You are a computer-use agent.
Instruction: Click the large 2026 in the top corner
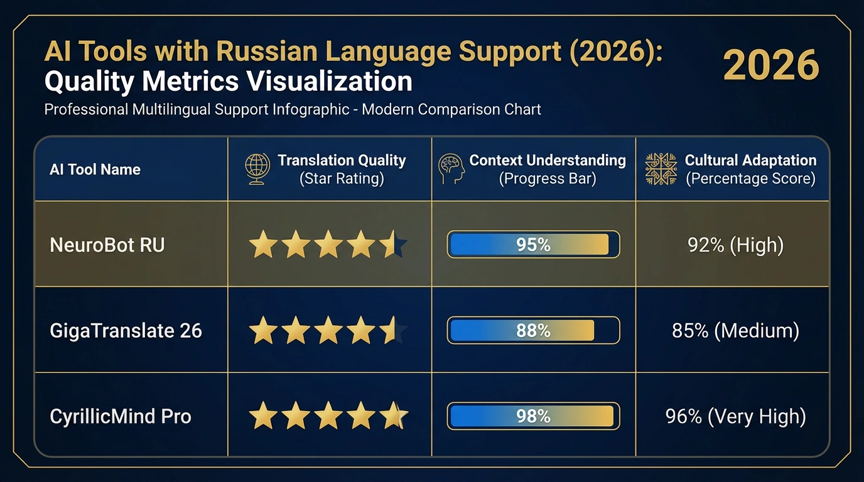pyautogui.click(x=771, y=65)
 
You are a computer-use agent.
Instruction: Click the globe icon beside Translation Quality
pyautogui.click(x=257, y=169)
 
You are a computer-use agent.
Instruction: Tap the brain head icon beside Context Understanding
pyautogui.click(x=451, y=169)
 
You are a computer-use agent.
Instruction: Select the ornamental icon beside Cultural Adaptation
pyautogui.click(x=661, y=169)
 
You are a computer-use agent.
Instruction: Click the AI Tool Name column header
pyautogui.click(x=95, y=169)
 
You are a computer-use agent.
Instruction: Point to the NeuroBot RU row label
pyautogui.click(x=107, y=244)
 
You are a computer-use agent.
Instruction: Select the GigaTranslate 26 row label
pyautogui.click(x=126, y=330)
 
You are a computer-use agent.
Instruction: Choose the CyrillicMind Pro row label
pyautogui.click(x=121, y=416)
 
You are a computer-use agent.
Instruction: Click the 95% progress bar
pyautogui.click(x=533, y=244)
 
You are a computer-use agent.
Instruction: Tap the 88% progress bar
pyautogui.click(x=533, y=330)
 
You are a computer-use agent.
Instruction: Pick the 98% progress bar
pyautogui.click(x=533, y=416)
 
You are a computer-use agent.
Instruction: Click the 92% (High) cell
pyautogui.click(x=735, y=244)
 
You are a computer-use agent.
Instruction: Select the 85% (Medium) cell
pyautogui.click(x=735, y=330)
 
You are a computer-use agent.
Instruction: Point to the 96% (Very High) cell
pyautogui.click(x=735, y=416)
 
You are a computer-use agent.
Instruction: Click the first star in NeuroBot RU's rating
pyautogui.click(x=263, y=244)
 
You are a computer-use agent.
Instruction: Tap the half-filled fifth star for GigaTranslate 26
pyautogui.click(x=393, y=330)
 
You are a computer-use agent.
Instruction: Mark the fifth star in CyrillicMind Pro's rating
pyautogui.click(x=393, y=416)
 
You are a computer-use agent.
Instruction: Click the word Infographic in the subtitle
pyautogui.click(x=311, y=109)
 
